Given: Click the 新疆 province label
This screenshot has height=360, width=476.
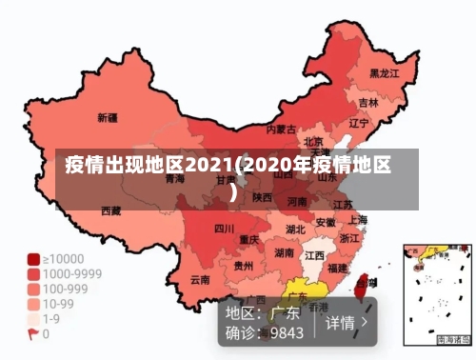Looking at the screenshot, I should (108, 119).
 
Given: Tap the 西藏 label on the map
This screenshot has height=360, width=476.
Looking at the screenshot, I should (111, 210).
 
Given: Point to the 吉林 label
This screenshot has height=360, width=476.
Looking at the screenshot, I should (367, 102).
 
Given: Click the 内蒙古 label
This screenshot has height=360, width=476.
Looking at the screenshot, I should (280, 129).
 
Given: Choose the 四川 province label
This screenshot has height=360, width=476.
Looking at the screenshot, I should (224, 229).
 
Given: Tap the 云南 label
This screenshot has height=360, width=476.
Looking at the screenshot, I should (200, 280).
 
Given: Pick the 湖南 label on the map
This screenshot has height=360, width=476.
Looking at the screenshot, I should (284, 253).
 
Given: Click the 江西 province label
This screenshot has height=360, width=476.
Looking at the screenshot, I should (314, 256).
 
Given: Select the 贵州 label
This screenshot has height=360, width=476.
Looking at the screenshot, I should (244, 267).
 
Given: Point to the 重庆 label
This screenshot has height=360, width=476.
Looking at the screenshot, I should (249, 239).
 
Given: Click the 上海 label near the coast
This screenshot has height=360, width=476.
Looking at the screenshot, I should (358, 219).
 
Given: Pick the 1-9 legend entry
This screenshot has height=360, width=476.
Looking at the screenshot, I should (50, 319).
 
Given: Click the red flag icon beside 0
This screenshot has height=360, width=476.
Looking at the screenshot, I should (32, 334).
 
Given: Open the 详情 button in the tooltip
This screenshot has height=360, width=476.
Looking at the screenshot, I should (347, 322).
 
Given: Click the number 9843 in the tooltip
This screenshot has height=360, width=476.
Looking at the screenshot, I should (287, 333).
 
